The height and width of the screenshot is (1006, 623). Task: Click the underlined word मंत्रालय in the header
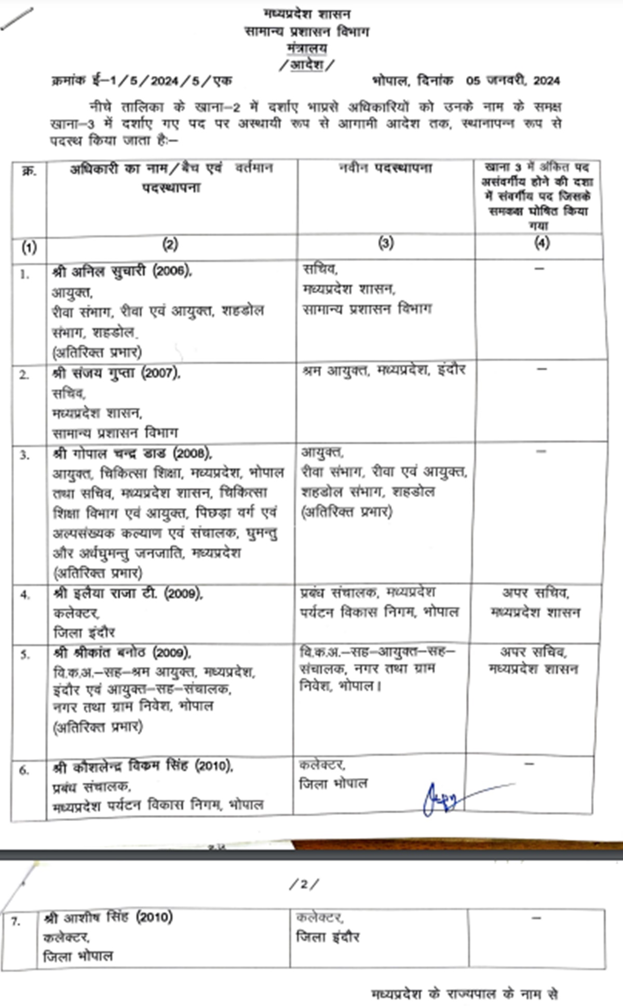coord(307,49)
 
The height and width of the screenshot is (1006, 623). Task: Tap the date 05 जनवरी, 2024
coord(512,81)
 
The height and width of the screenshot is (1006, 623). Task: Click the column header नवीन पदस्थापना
coord(385,168)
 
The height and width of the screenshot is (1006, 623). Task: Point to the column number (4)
coord(541,244)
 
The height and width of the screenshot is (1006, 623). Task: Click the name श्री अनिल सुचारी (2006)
coord(122,271)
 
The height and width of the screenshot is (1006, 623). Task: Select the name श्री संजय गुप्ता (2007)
coord(117,373)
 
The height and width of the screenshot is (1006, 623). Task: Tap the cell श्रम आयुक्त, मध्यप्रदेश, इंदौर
coord(384,370)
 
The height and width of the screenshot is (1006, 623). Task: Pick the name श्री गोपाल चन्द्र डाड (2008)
coord(132,453)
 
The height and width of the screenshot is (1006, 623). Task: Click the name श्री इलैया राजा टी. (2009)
coord(128,593)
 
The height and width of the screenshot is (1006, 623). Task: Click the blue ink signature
coord(444,798)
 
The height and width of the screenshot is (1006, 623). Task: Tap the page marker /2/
coord(304,883)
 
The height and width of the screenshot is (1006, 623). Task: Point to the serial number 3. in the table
coord(24,455)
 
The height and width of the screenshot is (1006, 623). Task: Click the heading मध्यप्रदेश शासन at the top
coord(307,14)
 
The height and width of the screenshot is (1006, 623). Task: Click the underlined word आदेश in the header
coord(307,65)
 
